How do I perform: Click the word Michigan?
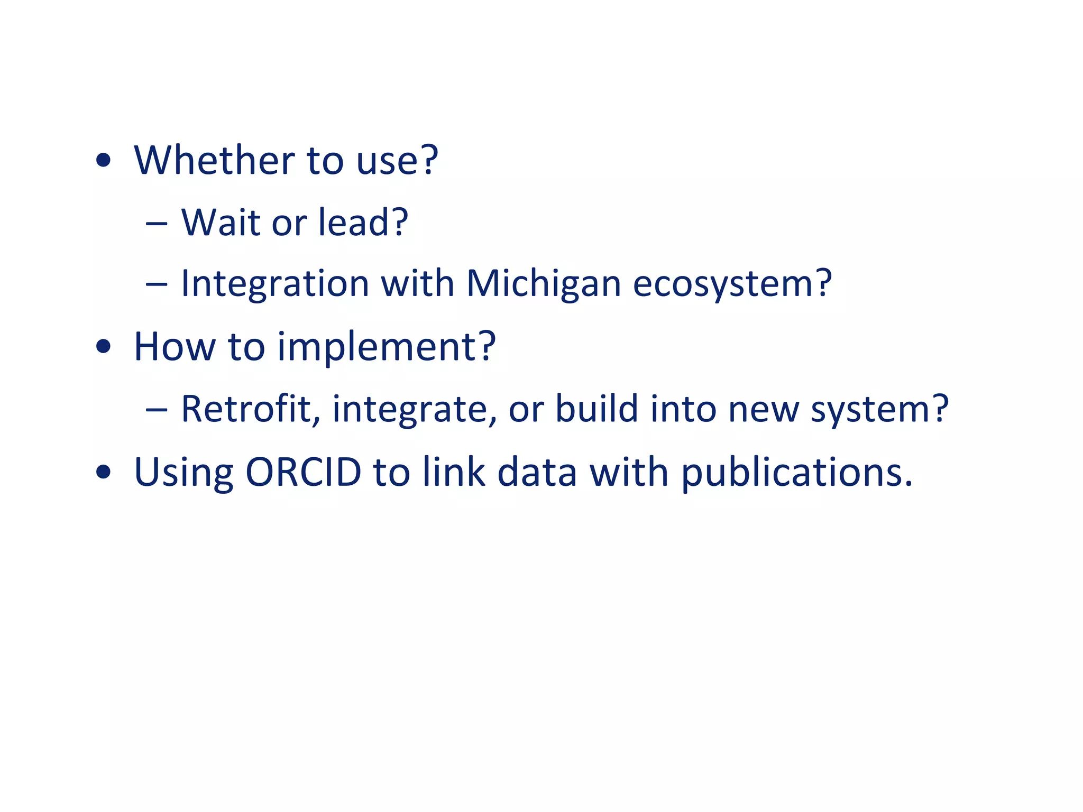[x=543, y=284]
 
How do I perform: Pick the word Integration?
[x=275, y=284]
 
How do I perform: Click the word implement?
[x=387, y=347]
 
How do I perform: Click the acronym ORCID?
[x=303, y=472]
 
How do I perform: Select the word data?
[x=537, y=472]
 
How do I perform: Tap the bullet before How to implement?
[x=104, y=347]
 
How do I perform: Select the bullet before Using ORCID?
[x=104, y=472]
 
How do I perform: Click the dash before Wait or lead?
[x=157, y=224]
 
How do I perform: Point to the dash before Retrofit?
[x=157, y=410]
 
